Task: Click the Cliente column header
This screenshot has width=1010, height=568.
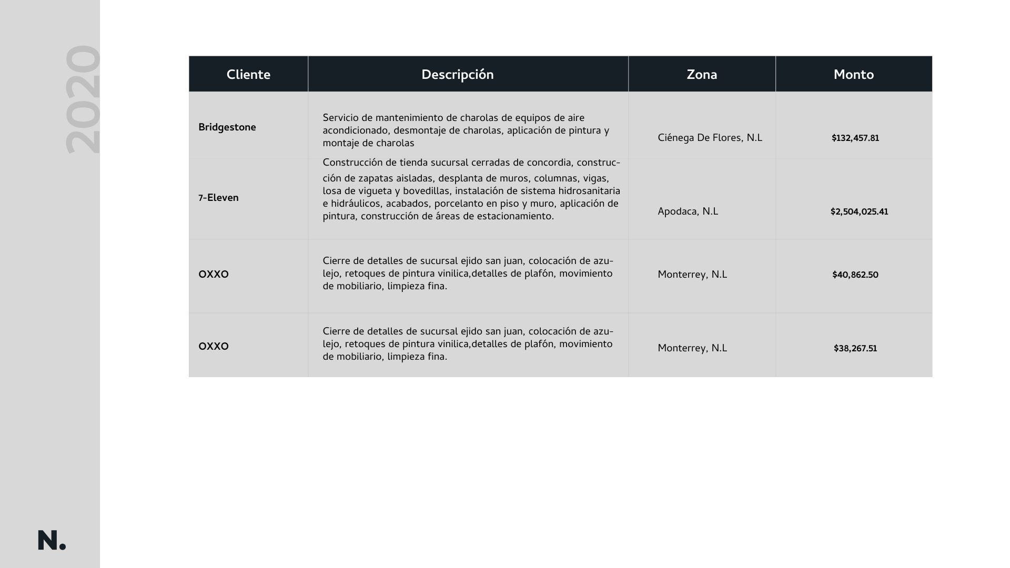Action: pyautogui.click(x=248, y=75)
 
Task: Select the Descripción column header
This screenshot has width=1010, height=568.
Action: pyautogui.click(x=457, y=75)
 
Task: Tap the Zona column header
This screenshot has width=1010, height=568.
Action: pyautogui.click(x=702, y=75)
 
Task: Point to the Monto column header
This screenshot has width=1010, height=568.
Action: pyautogui.click(x=853, y=75)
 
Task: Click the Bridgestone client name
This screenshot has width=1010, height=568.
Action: pyautogui.click(x=227, y=127)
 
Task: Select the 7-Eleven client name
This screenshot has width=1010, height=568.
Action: pyautogui.click(x=218, y=198)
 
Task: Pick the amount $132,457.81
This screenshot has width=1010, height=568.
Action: pyautogui.click(x=855, y=138)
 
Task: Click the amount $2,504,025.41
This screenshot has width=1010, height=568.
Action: pyautogui.click(x=859, y=212)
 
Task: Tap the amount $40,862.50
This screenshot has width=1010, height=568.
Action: pyautogui.click(x=855, y=275)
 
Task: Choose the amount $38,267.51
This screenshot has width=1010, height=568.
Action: pyautogui.click(x=855, y=349)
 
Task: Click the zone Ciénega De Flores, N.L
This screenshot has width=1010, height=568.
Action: pyautogui.click(x=710, y=138)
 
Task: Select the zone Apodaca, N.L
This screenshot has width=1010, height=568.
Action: pyautogui.click(x=688, y=211)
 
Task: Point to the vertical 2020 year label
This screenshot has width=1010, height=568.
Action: pyautogui.click(x=83, y=99)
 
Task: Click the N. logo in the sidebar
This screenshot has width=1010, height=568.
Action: pyautogui.click(x=52, y=541)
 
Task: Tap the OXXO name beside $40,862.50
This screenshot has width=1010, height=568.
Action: pyautogui.click(x=214, y=275)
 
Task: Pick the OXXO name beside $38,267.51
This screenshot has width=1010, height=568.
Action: pyautogui.click(x=214, y=347)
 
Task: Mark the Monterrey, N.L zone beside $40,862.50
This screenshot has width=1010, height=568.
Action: pyautogui.click(x=692, y=275)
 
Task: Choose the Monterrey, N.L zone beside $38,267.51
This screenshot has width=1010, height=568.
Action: pyautogui.click(x=692, y=348)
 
